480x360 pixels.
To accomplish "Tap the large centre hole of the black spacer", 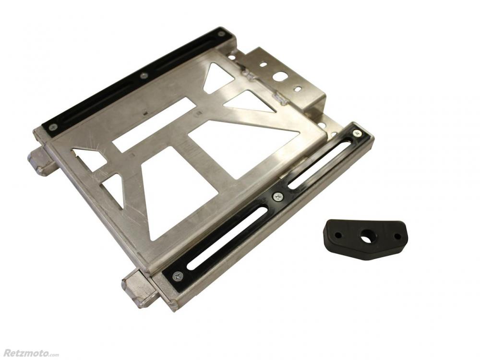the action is [365, 238].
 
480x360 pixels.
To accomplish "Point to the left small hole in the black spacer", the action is [338, 235].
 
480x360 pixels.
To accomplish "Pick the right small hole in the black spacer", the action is [397, 237].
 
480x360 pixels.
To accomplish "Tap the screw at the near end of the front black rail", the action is [178, 277].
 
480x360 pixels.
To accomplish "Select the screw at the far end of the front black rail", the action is [357, 133].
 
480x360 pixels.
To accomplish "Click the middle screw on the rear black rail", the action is [143, 76].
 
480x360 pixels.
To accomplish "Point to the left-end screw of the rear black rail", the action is [53, 126].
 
